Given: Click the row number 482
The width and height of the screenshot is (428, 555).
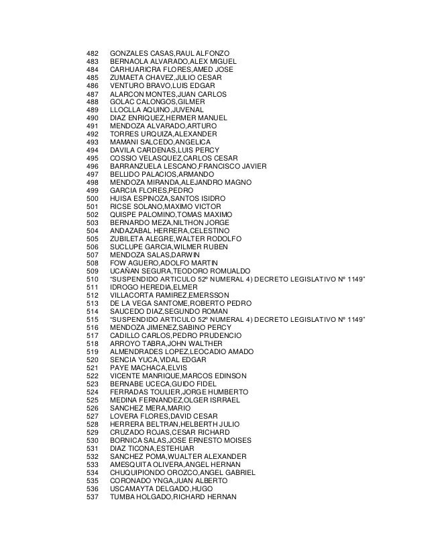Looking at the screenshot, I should pyautogui.click(x=93, y=52).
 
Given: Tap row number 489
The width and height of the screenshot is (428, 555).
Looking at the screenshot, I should pyautogui.click(x=93, y=110).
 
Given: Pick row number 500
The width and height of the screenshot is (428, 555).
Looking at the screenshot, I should pyautogui.click(x=93, y=199).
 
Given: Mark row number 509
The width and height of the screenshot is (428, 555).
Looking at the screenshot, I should pyautogui.click(x=93, y=272).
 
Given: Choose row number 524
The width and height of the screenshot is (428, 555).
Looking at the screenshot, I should pyautogui.click(x=93, y=394).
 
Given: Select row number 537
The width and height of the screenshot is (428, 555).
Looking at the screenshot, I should pyautogui.click(x=93, y=500).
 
